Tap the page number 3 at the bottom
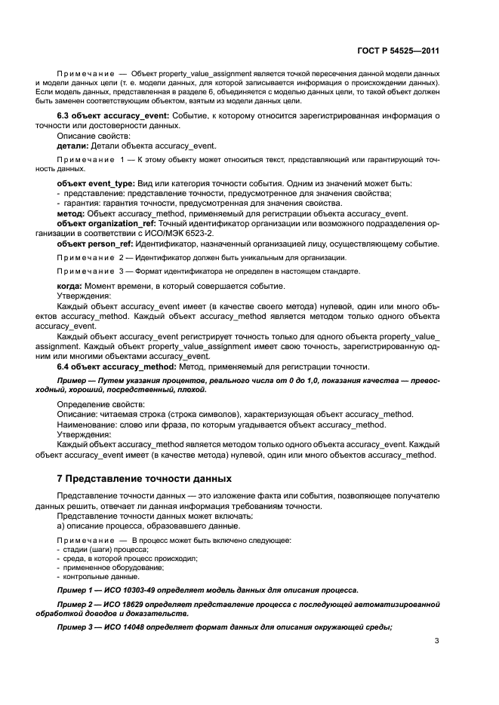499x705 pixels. click(436, 642)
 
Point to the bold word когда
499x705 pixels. click(71, 286)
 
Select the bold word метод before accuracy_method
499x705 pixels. click(71, 213)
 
